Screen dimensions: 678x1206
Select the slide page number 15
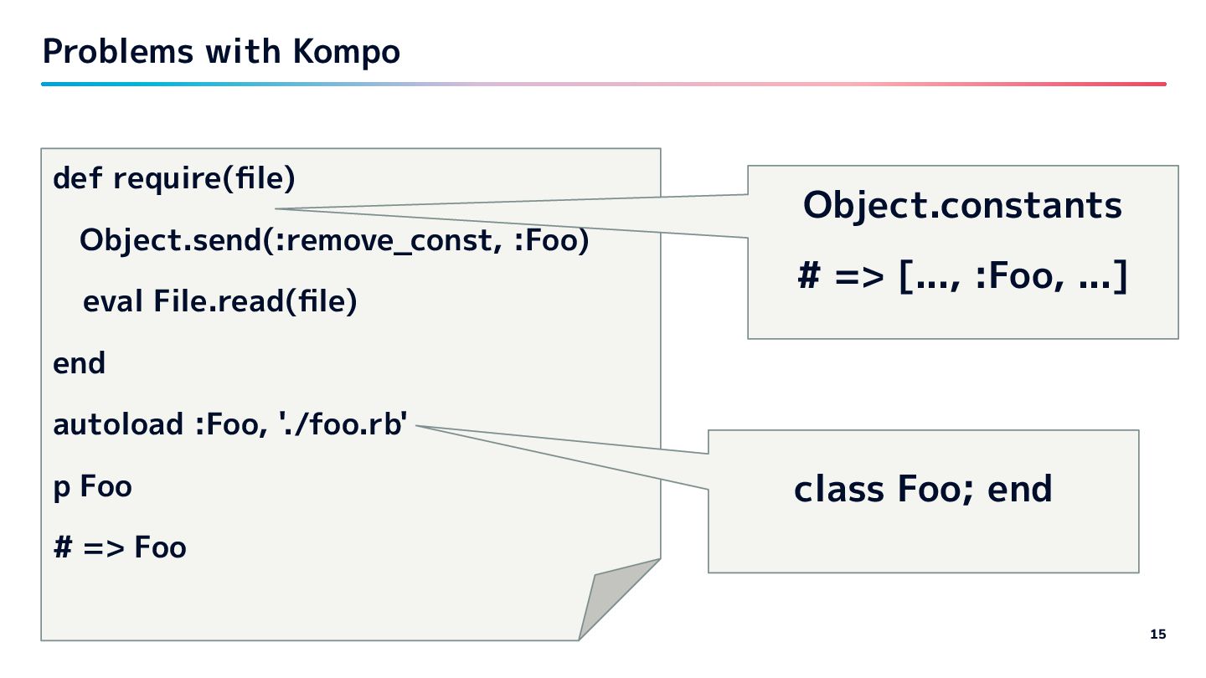1157,634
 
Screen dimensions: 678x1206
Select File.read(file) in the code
255,301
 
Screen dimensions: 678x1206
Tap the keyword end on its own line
79,364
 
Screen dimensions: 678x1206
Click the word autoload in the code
118,425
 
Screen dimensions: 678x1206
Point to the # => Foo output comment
120,548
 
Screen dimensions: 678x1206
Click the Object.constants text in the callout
962,206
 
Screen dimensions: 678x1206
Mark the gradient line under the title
603,84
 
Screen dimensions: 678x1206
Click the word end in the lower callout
1020,490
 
